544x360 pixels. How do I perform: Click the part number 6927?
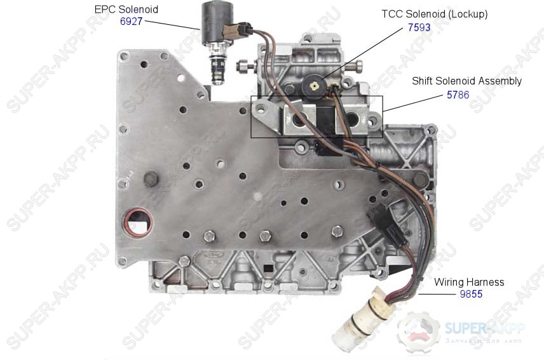[x=131, y=21]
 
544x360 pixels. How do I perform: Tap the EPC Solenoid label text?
[x=126, y=10]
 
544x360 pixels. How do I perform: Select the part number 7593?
[x=419, y=27]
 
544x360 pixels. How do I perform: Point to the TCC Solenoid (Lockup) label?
[x=435, y=14]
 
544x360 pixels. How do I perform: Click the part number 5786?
[x=458, y=95]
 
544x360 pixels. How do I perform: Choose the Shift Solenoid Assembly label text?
[x=466, y=81]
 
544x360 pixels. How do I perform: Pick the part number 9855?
[x=471, y=294]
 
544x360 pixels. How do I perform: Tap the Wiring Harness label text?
[x=469, y=282]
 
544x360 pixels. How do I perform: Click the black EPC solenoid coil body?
[x=219, y=22]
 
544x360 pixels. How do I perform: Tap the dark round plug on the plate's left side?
[x=151, y=179]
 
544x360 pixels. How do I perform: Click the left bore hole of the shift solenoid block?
[x=299, y=120]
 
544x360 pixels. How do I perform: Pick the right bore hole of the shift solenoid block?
[x=352, y=120]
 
